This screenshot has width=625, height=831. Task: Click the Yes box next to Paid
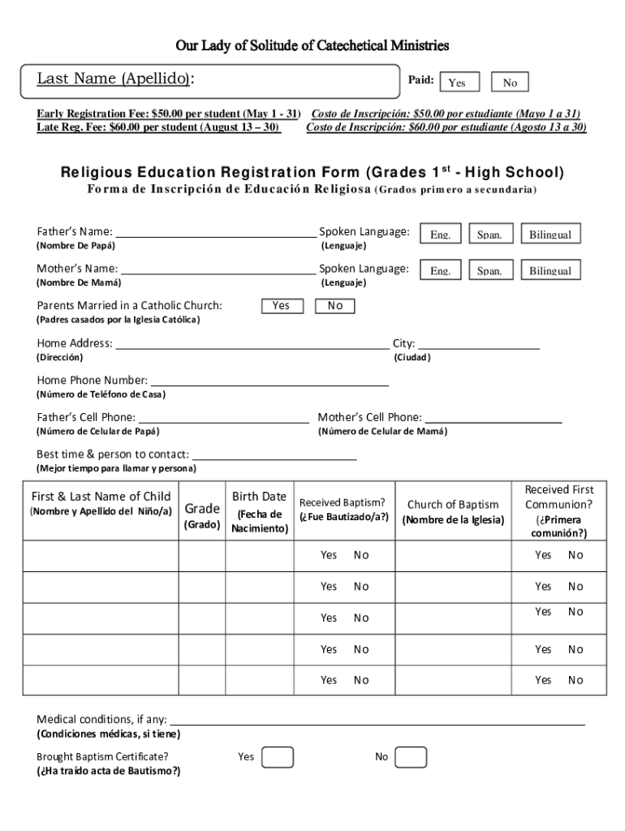(x=457, y=82)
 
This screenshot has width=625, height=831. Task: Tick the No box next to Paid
(x=510, y=82)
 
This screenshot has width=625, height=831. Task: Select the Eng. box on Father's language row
(x=441, y=234)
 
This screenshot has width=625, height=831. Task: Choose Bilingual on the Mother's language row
(x=550, y=270)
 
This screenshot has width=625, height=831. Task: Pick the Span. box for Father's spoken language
(x=489, y=234)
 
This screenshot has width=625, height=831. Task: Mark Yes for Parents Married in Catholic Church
(x=282, y=306)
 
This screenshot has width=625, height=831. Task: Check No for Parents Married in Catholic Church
(x=335, y=306)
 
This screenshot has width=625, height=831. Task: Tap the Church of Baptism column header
(x=453, y=511)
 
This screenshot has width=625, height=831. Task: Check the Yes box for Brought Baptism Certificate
(x=278, y=757)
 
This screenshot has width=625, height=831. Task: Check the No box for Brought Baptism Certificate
(x=412, y=757)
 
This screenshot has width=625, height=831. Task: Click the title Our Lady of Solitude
(x=312, y=45)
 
